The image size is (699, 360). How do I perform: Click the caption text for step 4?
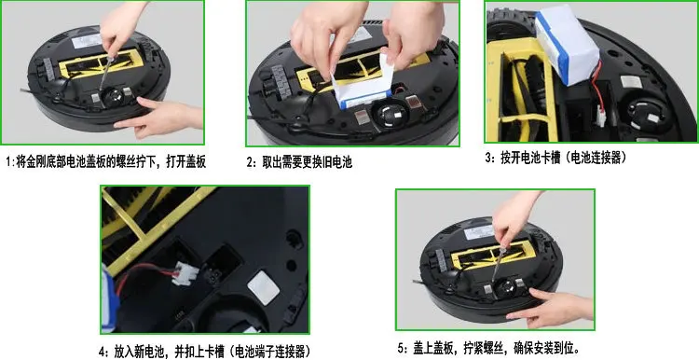coord(202,353)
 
